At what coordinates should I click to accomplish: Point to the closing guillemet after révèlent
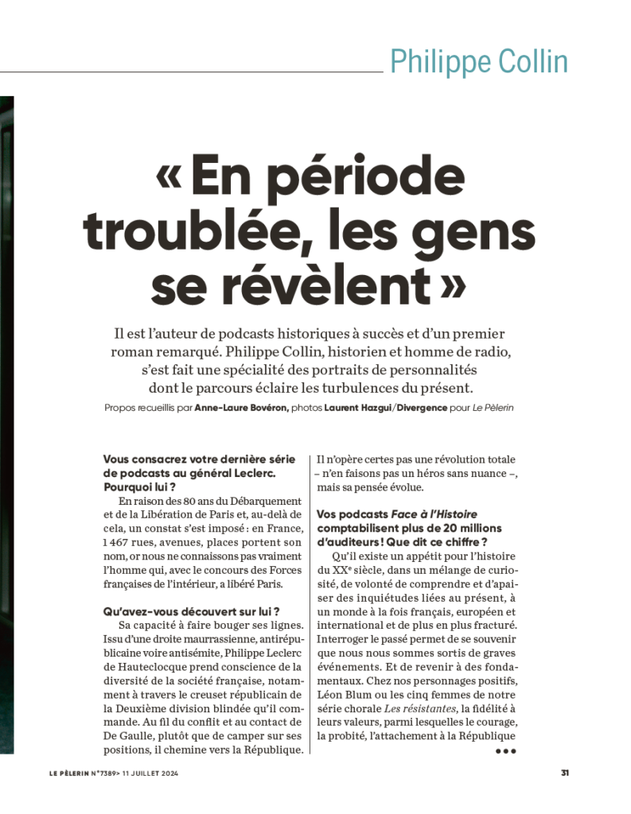(451, 284)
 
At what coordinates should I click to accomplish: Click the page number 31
(564, 772)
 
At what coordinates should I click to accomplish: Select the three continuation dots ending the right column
(506, 750)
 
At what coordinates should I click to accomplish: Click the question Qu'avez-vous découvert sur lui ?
(191, 611)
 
